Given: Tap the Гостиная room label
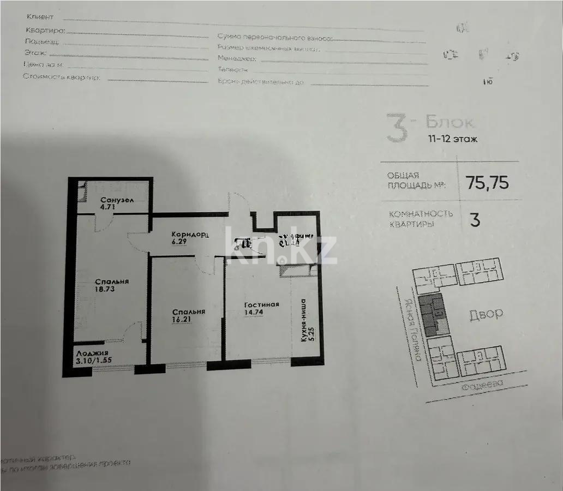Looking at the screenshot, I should point(262,304).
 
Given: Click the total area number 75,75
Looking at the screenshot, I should point(487,182).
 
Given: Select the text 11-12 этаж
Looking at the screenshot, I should point(452,139).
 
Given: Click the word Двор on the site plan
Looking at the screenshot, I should point(485,314).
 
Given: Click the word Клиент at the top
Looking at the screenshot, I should point(44,18).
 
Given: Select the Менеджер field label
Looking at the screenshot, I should point(236,58).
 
